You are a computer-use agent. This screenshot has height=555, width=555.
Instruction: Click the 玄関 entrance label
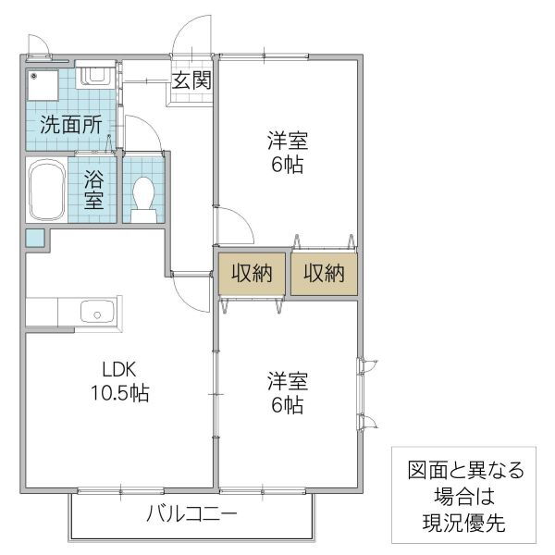click(x=191, y=80)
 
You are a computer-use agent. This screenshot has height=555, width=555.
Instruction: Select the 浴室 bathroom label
click(x=94, y=189)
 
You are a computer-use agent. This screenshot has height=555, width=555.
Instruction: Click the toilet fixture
click(x=143, y=197)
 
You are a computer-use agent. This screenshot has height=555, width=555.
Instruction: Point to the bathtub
click(x=45, y=190)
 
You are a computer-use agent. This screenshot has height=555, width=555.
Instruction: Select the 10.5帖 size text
click(x=120, y=394)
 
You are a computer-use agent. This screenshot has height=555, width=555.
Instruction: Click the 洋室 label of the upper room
click(x=288, y=142)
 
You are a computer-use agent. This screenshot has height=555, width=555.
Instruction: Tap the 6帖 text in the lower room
click(x=288, y=405)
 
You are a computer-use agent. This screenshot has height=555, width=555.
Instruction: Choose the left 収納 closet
click(x=250, y=273)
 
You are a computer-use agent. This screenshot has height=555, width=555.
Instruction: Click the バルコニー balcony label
click(x=192, y=514)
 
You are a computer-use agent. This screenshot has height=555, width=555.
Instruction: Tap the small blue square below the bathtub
click(x=34, y=238)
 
